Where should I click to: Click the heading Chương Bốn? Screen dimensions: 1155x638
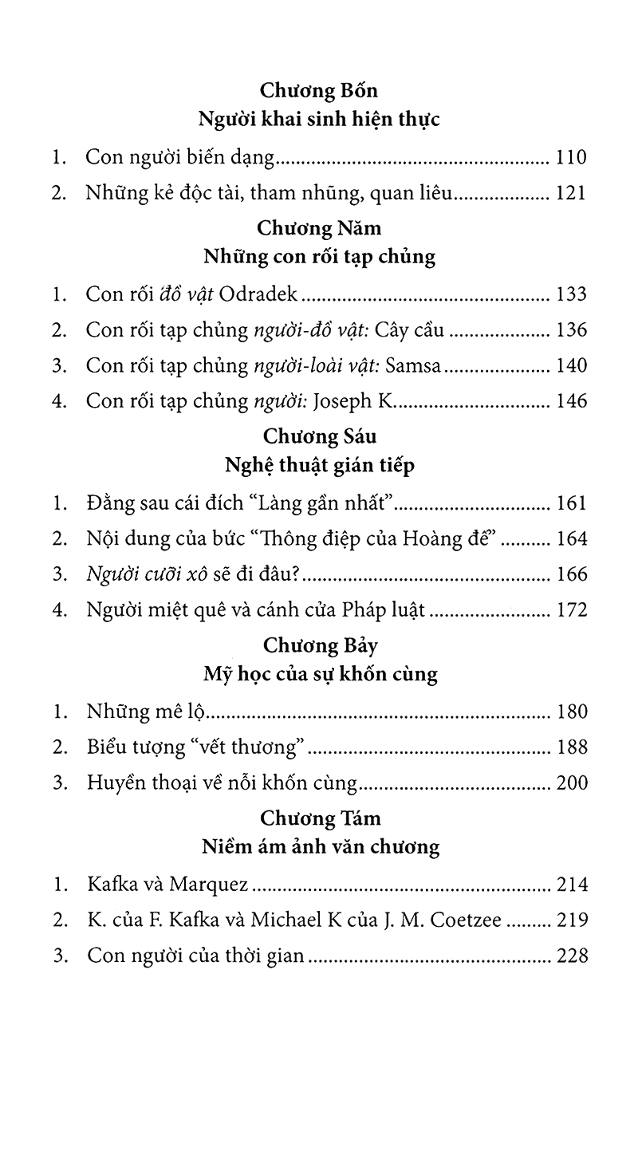point(318,89)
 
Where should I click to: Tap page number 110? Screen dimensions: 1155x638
point(571,157)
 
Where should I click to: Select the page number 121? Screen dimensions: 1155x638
point(571,192)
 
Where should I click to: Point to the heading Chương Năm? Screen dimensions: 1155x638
point(318,228)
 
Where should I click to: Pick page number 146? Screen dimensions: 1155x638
point(571,400)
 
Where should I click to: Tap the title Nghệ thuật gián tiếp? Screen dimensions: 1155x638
point(318,467)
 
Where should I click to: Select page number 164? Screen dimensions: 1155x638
point(571,538)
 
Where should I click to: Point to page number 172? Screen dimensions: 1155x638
point(571,610)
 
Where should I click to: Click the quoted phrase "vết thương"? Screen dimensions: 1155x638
point(258,747)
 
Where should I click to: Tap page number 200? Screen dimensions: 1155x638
point(571,782)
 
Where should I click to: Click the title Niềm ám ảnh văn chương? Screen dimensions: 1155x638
point(318,846)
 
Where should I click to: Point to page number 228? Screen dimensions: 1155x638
point(571,955)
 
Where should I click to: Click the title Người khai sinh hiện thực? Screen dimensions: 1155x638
point(318,120)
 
